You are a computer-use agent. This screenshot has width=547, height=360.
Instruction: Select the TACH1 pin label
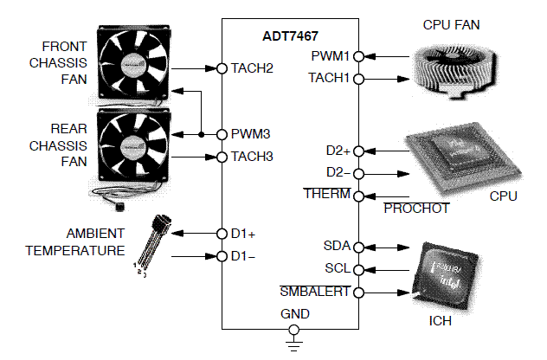(x=329, y=78)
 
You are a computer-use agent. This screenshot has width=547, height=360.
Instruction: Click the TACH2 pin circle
(x=222, y=67)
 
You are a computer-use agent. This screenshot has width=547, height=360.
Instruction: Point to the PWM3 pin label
(x=250, y=134)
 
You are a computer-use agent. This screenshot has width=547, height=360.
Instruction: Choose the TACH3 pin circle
(x=222, y=157)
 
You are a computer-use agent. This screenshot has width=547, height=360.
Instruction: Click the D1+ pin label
(x=243, y=234)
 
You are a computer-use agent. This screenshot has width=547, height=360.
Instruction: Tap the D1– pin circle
(x=222, y=256)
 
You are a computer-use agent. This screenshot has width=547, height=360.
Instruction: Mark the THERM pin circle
(x=357, y=195)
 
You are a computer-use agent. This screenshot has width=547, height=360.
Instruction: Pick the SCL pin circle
(x=357, y=269)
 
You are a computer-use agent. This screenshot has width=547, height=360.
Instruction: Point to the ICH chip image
(x=445, y=277)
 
